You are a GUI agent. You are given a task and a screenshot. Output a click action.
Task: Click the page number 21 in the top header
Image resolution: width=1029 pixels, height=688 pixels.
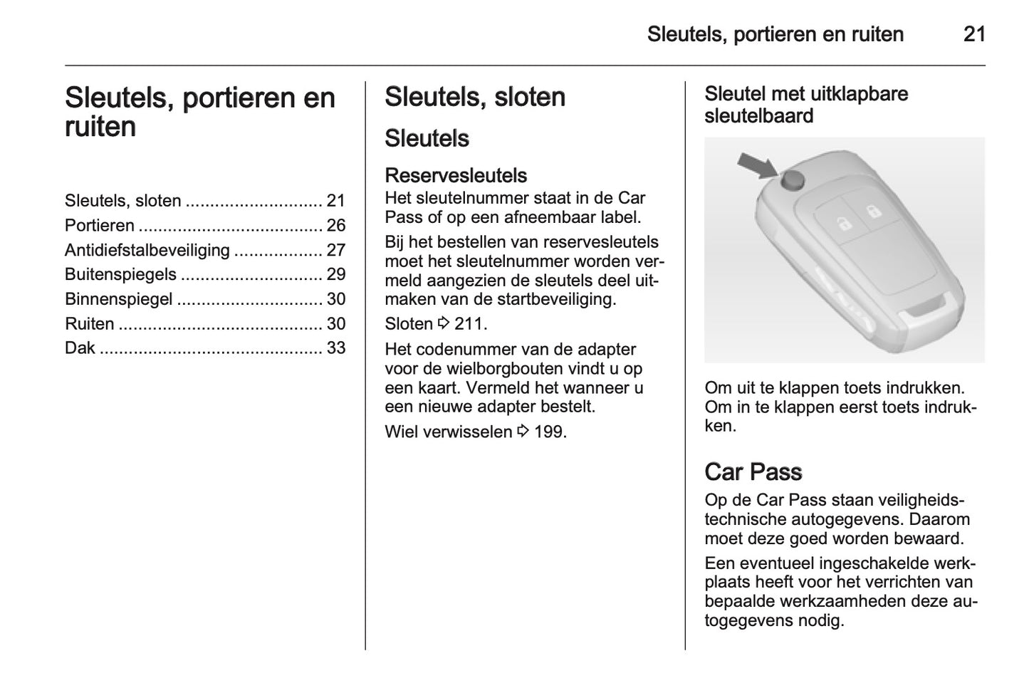(973, 34)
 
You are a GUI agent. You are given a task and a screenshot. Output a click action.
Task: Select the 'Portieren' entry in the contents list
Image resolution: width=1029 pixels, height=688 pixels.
(100, 226)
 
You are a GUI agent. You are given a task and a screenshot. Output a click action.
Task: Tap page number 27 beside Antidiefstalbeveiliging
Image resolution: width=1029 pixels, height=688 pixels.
(335, 250)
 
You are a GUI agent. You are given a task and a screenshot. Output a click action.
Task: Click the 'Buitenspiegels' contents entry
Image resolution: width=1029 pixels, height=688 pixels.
(120, 274)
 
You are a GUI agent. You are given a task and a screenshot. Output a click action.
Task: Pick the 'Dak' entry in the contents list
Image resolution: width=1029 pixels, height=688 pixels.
(79, 348)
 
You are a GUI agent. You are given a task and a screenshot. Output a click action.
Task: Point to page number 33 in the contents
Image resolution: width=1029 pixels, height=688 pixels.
(335, 348)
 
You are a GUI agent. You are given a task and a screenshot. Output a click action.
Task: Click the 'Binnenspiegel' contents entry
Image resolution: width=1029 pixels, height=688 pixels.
(118, 299)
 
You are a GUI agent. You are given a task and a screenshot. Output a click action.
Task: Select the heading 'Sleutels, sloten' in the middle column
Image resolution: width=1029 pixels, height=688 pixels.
(474, 98)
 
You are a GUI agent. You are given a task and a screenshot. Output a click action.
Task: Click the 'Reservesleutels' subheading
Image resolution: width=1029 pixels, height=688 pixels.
(456, 175)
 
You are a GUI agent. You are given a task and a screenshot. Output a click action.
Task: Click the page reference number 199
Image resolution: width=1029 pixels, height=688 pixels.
(548, 432)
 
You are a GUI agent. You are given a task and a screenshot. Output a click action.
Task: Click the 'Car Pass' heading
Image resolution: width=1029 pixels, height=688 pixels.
(753, 471)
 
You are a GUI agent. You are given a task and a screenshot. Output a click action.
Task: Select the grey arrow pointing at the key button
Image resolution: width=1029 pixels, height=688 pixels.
(758, 166)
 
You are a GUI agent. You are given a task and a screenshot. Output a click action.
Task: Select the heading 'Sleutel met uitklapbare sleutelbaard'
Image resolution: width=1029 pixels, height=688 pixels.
(806, 105)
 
